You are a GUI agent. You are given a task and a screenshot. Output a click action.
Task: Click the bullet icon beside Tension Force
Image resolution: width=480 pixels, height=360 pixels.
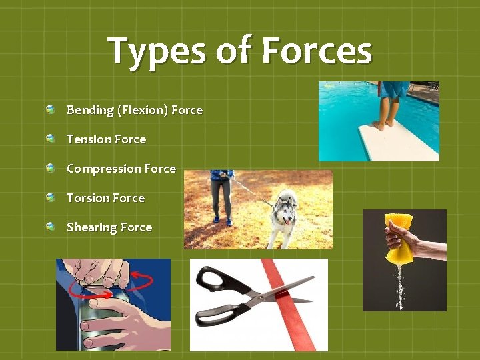click(x=51, y=139)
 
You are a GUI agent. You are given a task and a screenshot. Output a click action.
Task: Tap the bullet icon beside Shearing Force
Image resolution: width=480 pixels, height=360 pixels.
click(x=51, y=227)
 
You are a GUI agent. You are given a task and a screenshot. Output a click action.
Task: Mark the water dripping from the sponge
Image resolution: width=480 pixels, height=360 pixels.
click(x=401, y=287)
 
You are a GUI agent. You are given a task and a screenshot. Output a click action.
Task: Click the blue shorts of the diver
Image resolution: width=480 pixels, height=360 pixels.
click(x=395, y=89)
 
